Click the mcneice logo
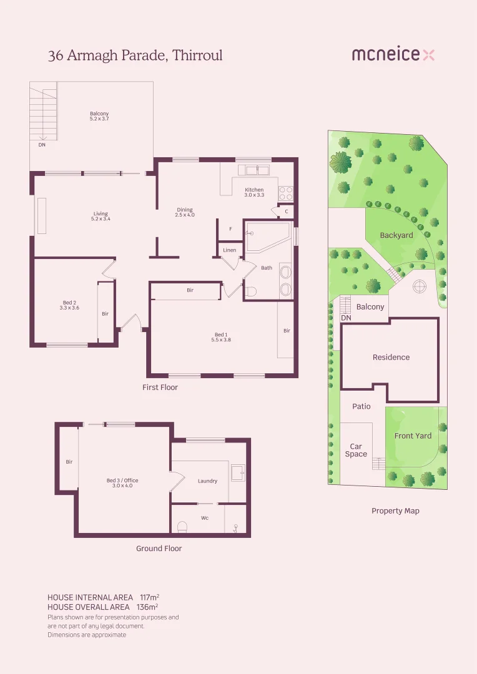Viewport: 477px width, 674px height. pos(393,55)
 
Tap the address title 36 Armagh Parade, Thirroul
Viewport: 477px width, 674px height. pos(135,56)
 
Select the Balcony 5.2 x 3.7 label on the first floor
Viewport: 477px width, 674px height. pos(99,116)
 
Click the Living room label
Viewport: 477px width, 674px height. pos(100,216)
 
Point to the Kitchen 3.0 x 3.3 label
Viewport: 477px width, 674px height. pos(254,192)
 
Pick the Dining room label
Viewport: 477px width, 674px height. pos(185,212)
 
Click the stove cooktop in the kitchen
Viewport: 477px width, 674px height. pos(286,193)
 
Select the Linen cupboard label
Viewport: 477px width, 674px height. pos(230,250)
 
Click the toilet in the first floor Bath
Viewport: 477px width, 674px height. pos(251,291)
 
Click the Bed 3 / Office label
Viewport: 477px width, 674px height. pos(122,482)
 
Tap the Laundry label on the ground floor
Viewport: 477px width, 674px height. pos(207,481)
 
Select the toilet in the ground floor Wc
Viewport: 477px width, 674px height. pos(183,527)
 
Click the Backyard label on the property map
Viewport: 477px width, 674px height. pos(396,235)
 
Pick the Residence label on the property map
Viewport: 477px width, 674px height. pos(391,357)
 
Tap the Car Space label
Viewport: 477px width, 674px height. pos(356,450)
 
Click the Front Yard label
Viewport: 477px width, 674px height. pos(413,436)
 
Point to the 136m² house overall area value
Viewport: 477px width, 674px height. pos(147,607)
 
